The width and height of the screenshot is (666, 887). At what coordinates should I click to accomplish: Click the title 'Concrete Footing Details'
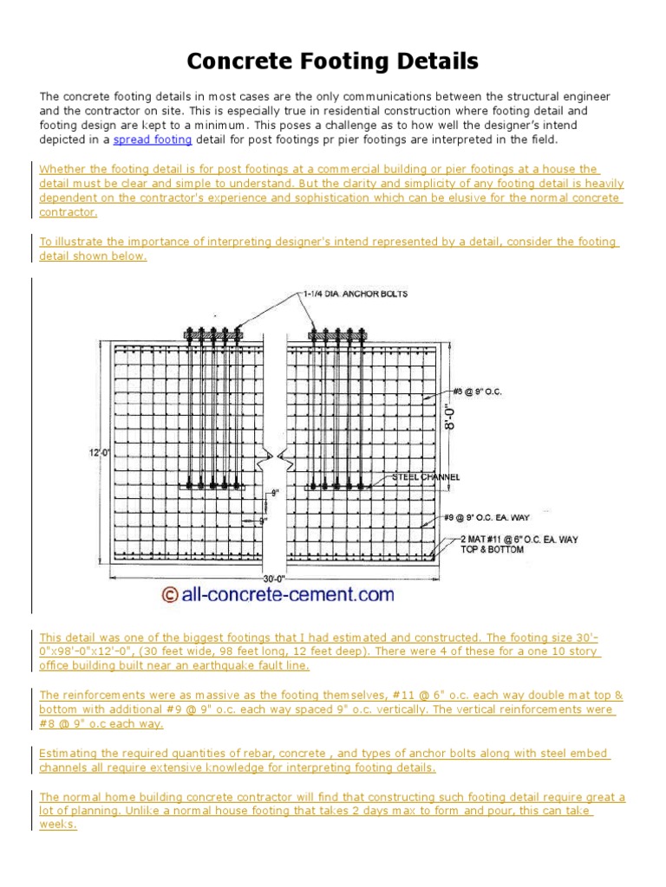click(333, 62)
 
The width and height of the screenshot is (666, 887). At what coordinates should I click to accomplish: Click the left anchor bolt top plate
click(212, 332)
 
